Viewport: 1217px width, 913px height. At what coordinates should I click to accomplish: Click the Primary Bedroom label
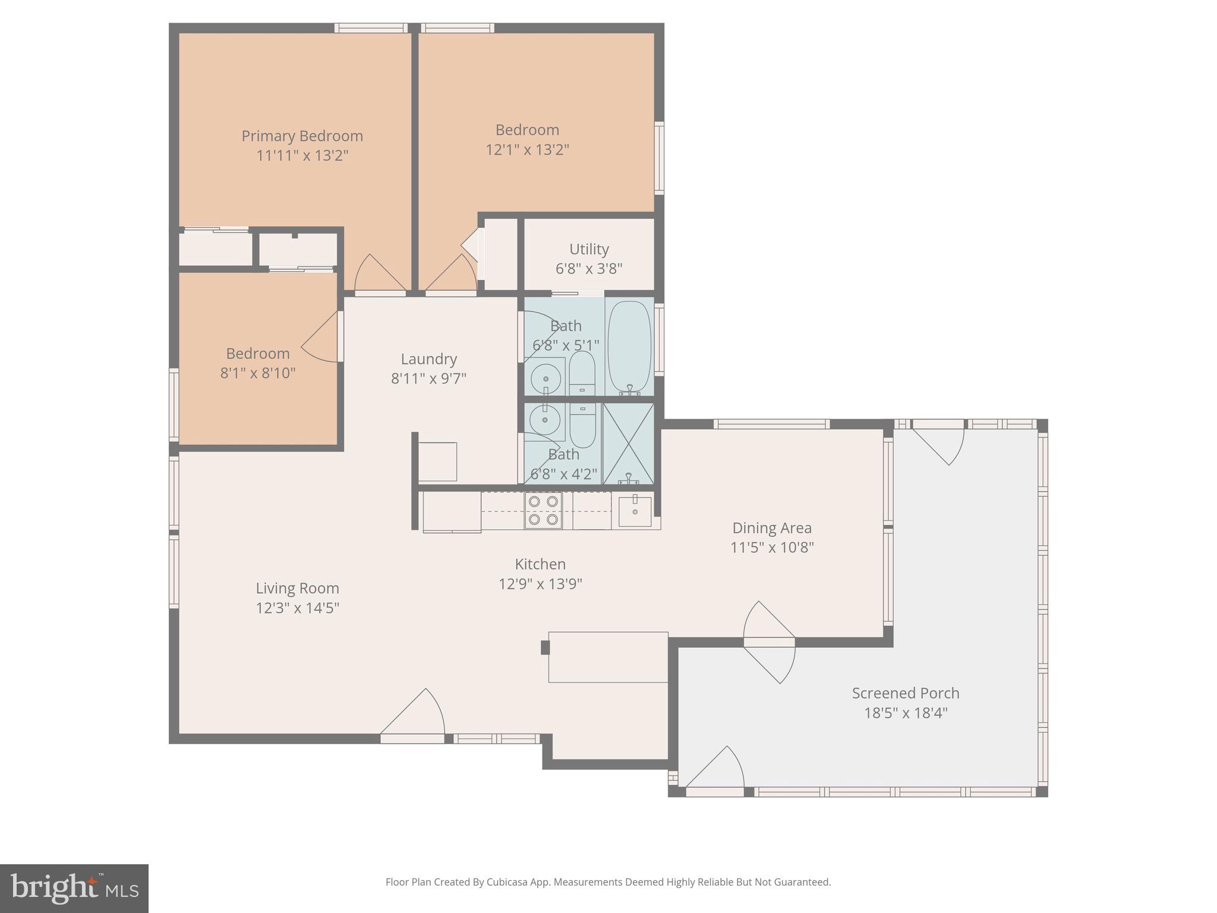pos(302,136)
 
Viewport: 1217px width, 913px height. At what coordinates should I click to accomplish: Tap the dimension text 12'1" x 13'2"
pos(527,150)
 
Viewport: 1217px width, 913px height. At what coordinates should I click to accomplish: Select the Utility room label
pos(589,249)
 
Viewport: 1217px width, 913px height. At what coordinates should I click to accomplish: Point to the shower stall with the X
pos(628,443)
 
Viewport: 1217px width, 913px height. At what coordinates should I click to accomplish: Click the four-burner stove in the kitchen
pos(543,511)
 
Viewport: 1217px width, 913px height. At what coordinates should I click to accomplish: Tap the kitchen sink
pos(635,511)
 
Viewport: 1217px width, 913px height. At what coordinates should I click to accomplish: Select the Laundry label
pos(428,359)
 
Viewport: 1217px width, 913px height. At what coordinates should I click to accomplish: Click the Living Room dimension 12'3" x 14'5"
pos(297,608)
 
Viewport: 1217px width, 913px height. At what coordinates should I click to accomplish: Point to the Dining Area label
pos(771,528)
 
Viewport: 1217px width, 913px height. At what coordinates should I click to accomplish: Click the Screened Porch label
pos(905,693)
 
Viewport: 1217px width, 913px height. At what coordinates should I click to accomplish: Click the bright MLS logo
pos(74,888)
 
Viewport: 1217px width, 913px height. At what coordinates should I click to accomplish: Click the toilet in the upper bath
pos(582,373)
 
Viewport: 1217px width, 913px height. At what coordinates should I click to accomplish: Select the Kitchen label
pos(540,564)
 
